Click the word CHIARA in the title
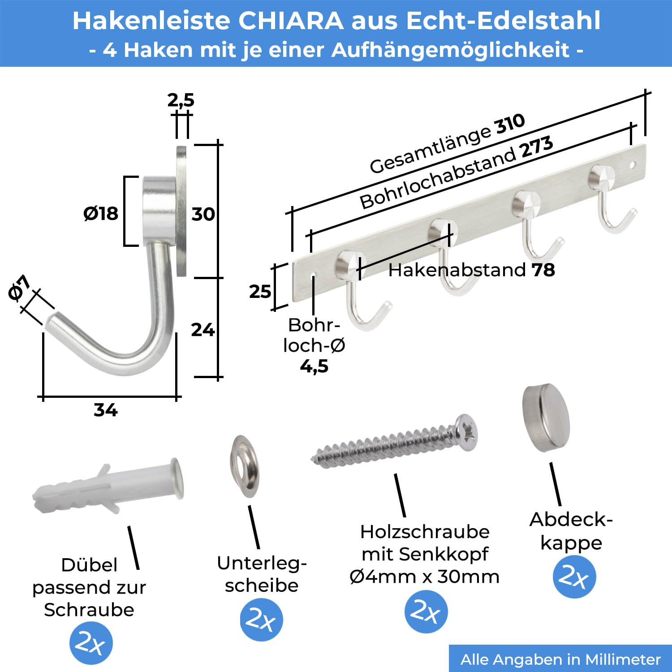click(x=291, y=21)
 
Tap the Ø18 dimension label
click(x=101, y=213)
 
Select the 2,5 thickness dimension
click(x=181, y=100)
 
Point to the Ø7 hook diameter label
click(x=19, y=288)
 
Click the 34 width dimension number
click(x=105, y=409)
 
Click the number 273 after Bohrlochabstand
click(x=536, y=148)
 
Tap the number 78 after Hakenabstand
click(x=543, y=270)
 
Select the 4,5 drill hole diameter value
click(x=314, y=366)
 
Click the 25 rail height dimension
click(x=260, y=292)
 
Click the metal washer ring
click(x=245, y=466)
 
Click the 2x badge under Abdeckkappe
click(x=574, y=577)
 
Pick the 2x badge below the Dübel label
click(x=91, y=643)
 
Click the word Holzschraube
click(x=425, y=532)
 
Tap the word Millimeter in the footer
click(x=623, y=659)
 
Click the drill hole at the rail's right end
click(x=633, y=165)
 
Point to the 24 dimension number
click(x=203, y=330)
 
